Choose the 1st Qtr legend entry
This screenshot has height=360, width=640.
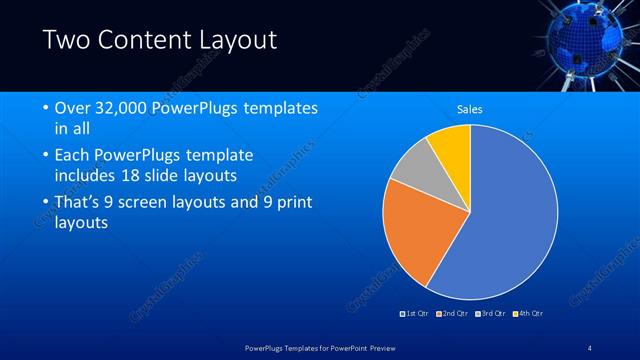[x=415, y=314]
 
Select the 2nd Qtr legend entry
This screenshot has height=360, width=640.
[x=451, y=314]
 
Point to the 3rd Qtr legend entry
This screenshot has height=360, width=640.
[x=489, y=314]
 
